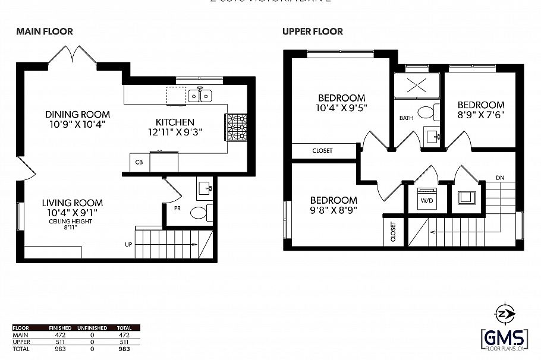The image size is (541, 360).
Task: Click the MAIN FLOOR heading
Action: (x=45, y=31)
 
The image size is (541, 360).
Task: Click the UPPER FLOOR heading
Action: (x=313, y=31)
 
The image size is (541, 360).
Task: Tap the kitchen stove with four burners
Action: (x=235, y=127)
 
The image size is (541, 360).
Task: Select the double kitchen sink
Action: (x=200, y=95)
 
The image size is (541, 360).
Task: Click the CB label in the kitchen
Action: (x=139, y=162)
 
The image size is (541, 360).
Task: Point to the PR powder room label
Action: (x=178, y=209)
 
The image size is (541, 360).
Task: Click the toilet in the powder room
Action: (x=199, y=212)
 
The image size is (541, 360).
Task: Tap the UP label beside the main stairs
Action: (x=128, y=244)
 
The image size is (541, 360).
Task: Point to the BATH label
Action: (x=406, y=118)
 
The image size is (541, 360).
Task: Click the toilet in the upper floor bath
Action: (x=427, y=112)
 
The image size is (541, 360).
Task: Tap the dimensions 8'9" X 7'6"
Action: (x=481, y=116)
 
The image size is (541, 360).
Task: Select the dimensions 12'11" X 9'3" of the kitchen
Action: (x=176, y=132)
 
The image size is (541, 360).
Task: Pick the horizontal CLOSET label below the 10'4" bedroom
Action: (x=322, y=151)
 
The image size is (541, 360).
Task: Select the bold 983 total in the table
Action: (x=124, y=348)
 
